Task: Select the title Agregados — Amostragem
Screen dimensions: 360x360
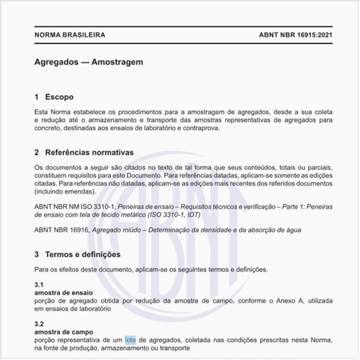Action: pos(88,62)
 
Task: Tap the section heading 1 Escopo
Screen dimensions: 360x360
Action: pos(53,96)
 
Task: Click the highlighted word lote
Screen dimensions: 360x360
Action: pos(130,338)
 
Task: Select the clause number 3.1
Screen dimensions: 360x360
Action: pos(39,284)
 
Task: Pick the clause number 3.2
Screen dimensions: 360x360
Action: pos(39,324)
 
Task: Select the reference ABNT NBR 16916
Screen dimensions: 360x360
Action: pos(61,230)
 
